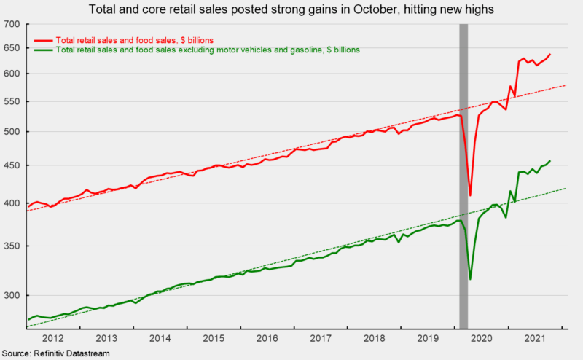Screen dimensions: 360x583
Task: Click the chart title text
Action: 291,10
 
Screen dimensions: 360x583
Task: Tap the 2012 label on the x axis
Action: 53,338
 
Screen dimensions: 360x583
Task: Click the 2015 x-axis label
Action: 214,338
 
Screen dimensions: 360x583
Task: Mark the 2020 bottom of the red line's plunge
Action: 471,195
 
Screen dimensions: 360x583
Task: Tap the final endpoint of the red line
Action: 550,54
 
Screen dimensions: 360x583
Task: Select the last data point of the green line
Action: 550,160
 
